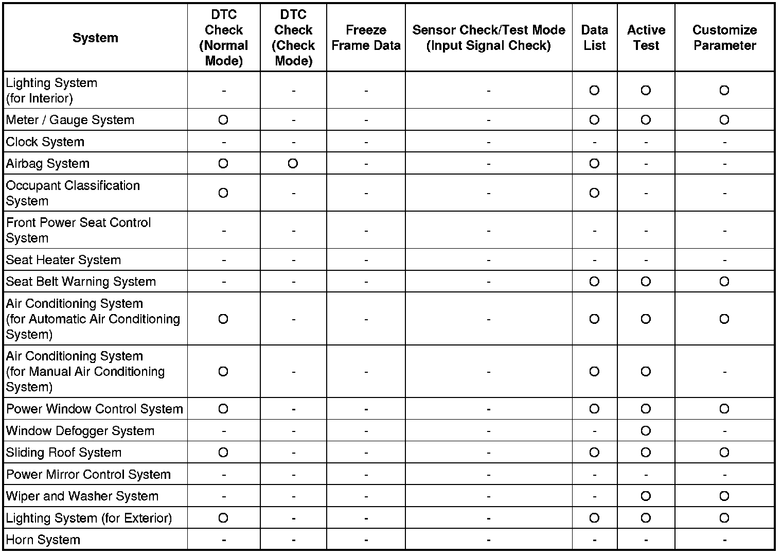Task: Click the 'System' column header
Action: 95,38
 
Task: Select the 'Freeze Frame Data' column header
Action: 366,38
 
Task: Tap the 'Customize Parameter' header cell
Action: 724,38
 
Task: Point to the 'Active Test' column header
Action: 646,38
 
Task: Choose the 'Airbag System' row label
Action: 48,164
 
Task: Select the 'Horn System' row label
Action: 43,540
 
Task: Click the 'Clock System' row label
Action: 45,142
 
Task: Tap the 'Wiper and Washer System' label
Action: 82,496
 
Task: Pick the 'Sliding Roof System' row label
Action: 64,453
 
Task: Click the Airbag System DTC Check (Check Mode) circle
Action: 293,164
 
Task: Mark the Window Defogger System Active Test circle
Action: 646,431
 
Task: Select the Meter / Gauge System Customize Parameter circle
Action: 724,120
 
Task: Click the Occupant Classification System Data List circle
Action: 594,193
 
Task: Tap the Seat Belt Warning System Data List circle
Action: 594,282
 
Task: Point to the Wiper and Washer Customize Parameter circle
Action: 724,496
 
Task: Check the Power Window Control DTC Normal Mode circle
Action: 223,409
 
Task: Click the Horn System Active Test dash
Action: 646,540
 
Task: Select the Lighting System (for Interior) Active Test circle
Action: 646,91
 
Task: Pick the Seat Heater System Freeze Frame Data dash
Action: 366,261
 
